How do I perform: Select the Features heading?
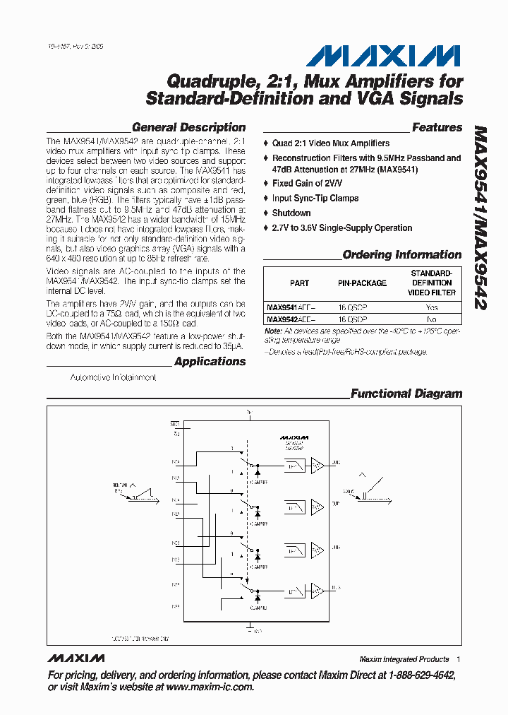(x=437, y=128)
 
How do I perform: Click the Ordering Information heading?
(x=401, y=255)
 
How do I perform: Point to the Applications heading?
(x=210, y=362)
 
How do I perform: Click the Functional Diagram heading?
(x=406, y=394)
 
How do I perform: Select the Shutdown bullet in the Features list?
(x=291, y=213)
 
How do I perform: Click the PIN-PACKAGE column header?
(x=362, y=283)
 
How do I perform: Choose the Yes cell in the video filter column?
(x=432, y=307)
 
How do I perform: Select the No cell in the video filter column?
(x=432, y=319)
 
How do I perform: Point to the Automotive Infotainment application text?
(x=113, y=378)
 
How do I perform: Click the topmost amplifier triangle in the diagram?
(x=318, y=464)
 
